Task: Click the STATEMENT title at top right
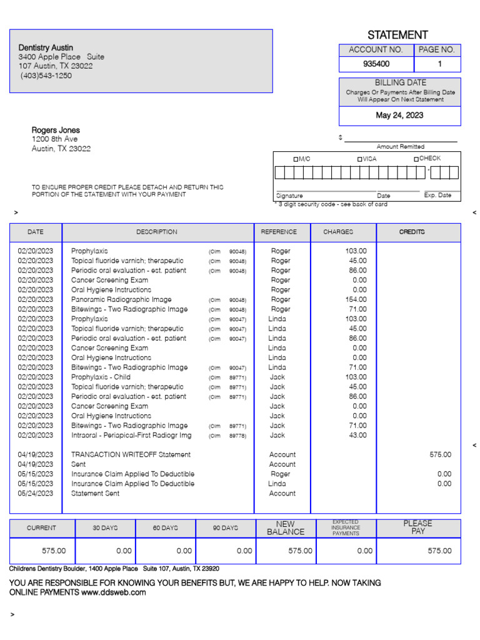[x=397, y=35]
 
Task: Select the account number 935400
[x=376, y=64]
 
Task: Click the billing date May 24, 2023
[x=399, y=116]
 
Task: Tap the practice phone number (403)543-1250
[x=46, y=76]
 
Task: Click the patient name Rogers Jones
[x=56, y=131]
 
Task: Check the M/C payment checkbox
[x=296, y=159]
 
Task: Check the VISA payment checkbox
[x=359, y=159]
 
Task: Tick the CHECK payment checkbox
[x=416, y=159]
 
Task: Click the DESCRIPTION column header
[x=157, y=232]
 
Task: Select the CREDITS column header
[x=412, y=232]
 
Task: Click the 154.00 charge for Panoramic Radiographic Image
[x=357, y=300]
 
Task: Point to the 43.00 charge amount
[x=357, y=436]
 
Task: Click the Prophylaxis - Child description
[x=101, y=377]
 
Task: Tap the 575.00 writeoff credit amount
[x=440, y=455]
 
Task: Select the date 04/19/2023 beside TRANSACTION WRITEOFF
[x=35, y=455]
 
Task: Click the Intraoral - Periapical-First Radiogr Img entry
[x=131, y=436]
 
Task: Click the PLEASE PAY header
[x=417, y=527]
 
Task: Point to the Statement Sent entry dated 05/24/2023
[x=95, y=494]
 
